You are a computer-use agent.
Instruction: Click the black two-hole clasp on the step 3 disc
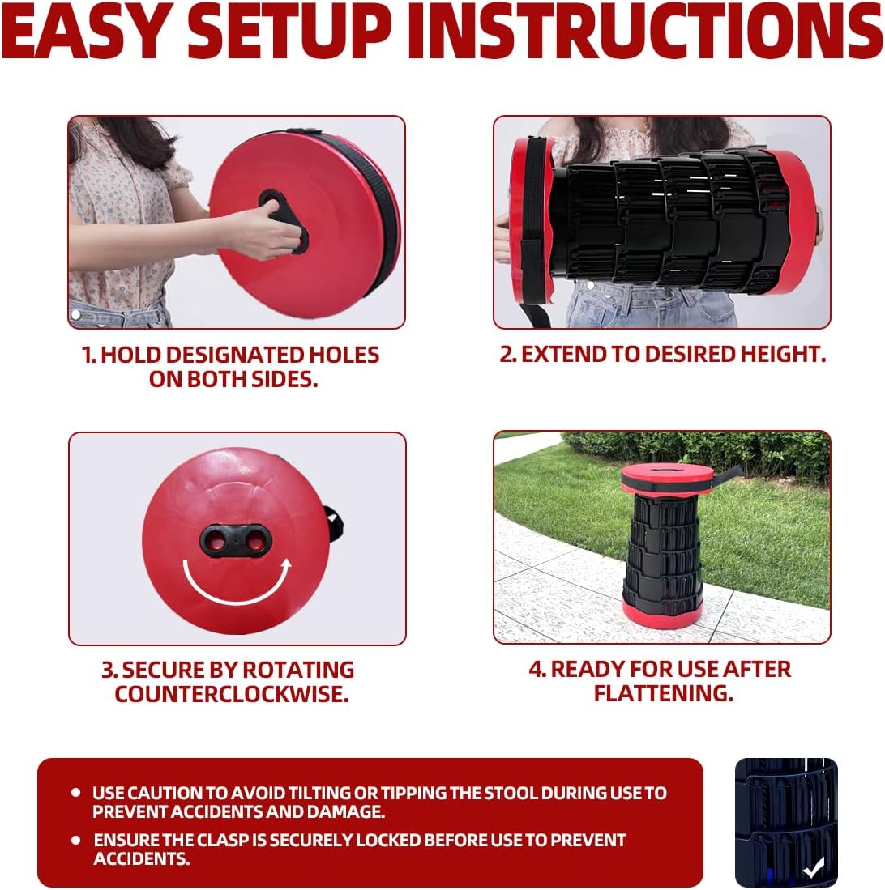point(236,539)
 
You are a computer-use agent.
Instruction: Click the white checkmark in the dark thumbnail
point(813,868)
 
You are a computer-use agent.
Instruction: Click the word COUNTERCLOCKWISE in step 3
point(232,694)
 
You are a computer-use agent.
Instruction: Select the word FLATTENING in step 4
point(663,693)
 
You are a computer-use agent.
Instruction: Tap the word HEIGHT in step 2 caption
point(780,355)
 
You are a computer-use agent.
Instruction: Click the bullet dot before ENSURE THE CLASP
point(75,840)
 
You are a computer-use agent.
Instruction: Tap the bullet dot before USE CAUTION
point(75,792)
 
